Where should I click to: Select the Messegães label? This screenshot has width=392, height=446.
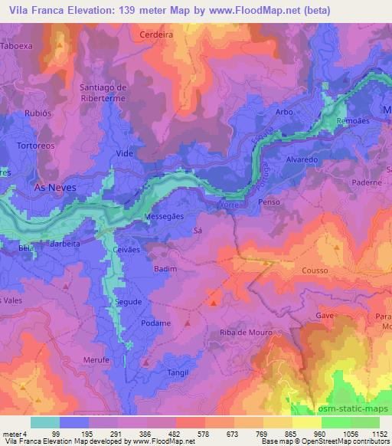click(165, 217)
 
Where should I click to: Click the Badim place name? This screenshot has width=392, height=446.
click(165, 269)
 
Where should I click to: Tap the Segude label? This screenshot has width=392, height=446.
click(129, 302)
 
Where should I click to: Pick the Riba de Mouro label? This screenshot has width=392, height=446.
click(241, 331)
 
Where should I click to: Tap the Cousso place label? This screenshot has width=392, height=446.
click(315, 271)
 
